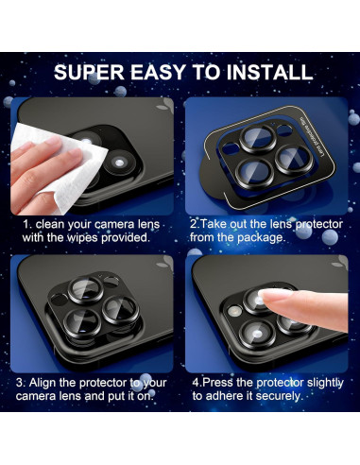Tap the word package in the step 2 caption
pos(260,238)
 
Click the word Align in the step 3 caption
pos(47,382)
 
